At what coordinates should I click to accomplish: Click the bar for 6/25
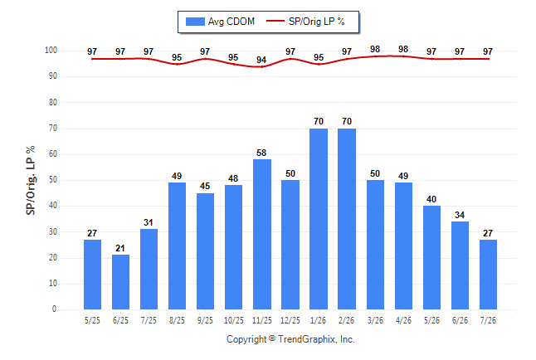(x=120, y=282)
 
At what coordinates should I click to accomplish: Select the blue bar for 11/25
(x=262, y=234)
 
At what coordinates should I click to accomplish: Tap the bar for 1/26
(x=319, y=219)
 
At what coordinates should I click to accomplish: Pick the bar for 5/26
(x=431, y=257)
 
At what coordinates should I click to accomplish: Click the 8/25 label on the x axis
(x=177, y=320)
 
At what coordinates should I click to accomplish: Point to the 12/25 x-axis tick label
(x=290, y=320)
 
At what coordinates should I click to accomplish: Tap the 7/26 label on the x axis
(x=488, y=320)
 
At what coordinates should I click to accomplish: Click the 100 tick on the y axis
(x=51, y=51)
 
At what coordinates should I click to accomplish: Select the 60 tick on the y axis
(x=53, y=153)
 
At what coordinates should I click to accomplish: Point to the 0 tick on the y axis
(x=55, y=309)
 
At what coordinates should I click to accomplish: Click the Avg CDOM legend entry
(x=220, y=22)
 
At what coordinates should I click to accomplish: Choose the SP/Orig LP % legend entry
(x=305, y=22)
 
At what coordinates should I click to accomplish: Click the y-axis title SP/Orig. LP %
(x=31, y=180)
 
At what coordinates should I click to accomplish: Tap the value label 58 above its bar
(x=261, y=153)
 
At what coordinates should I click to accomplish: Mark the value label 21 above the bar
(x=120, y=248)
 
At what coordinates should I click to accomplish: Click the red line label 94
(x=261, y=60)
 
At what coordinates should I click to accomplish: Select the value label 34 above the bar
(x=460, y=215)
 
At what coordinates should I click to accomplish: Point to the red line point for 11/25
(x=262, y=66)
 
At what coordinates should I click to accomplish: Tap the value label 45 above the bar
(x=205, y=186)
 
